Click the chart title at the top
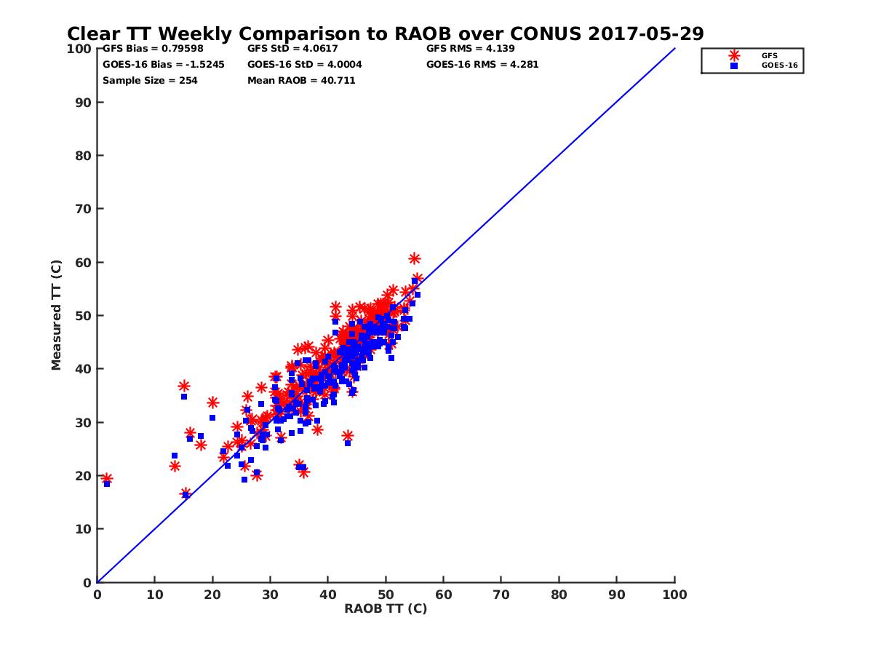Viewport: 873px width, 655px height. pyautogui.click(x=385, y=34)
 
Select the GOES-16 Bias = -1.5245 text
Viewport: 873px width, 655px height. pyautogui.click(x=163, y=64)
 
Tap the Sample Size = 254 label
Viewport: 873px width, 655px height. pyautogui.click(x=150, y=80)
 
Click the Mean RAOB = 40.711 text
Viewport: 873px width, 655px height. pyautogui.click(x=301, y=80)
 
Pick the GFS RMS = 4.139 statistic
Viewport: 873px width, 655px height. pyautogui.click(x=470, y=49)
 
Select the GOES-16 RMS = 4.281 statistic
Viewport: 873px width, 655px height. pyautogui.click(x=482, y=64)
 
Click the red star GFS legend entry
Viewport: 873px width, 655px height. pyautogui.click(x=735, y=55)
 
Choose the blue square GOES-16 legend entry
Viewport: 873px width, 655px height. pyautogui.click(x=735, y=65)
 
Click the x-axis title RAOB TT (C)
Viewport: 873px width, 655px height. pyautogui.click(x=386, y=608)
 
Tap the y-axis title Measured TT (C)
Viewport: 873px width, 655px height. pyautogui.click(x=57, y=316)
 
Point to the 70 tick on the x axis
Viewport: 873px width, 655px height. pyautogui.click(x=501, y=594)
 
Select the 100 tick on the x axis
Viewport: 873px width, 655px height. pyautogui.click(x=675, y=594)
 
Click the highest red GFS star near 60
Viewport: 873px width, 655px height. pyautogui.click(x=415, y=258)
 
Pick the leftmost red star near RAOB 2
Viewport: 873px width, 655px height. pyautogui.click(x=106, y=478)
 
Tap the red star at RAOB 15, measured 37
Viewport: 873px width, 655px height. pyautogui.click(x=184, y=386)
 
